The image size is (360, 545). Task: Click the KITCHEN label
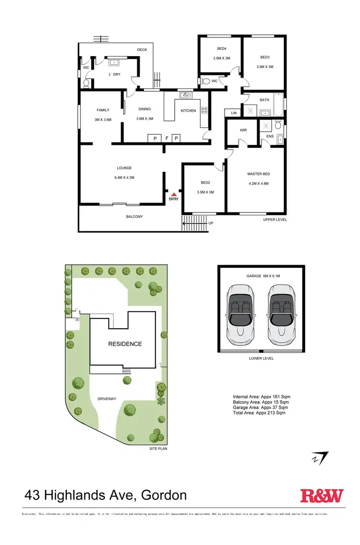(188, 111)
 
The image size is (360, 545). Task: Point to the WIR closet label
(236, 130)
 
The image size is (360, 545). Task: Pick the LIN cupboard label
(234, 113)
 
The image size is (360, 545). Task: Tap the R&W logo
(322, 496)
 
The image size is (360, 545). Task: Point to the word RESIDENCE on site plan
(125, 344)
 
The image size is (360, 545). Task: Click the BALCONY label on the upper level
(134, 217)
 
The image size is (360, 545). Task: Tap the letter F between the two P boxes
(167, 139)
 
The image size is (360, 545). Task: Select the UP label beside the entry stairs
(210, 223)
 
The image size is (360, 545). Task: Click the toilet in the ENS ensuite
(278, 126)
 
